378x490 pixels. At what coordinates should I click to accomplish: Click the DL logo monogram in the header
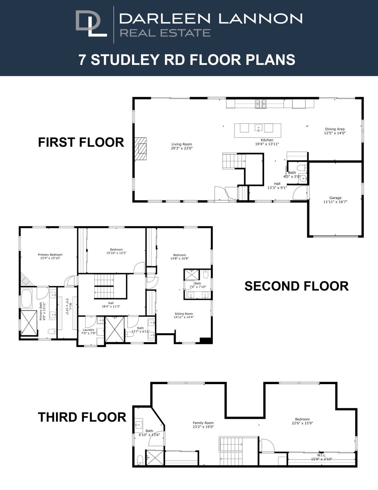click(x=91, y=24)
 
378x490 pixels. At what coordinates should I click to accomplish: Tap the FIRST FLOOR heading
click(x=81, y=142)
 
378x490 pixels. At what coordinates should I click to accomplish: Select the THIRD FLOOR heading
click(x=82, y=417)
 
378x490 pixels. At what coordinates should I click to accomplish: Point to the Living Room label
click(x=182, y=144)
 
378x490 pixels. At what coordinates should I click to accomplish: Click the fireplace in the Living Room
click(x=141, y=149)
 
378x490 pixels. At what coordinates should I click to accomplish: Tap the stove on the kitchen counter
click(x=261, y=104)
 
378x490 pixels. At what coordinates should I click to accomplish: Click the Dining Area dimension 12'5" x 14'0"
click(x=335, y=133)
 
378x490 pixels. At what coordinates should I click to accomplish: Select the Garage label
click(x=335, y=198)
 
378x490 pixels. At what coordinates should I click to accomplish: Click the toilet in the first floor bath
click(x=302, y=168)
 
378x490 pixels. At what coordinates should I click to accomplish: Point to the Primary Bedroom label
click(x=50, y=254)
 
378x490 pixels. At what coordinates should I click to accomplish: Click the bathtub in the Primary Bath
click(x=26, y=299)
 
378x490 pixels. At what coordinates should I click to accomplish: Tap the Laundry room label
click(x=88, y=330)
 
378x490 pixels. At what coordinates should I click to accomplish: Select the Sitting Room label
click(x=184, y=314)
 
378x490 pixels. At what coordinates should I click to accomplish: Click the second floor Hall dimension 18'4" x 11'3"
click(x=111, y=306)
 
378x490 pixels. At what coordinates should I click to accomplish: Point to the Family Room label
click(x=203, y=423)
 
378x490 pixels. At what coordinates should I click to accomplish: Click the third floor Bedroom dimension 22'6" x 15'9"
click(x=302, y=423)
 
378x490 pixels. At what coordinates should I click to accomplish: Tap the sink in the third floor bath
click(x=139, y=425)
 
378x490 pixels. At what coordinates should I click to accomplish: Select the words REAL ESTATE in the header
click(x=165, y=33)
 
